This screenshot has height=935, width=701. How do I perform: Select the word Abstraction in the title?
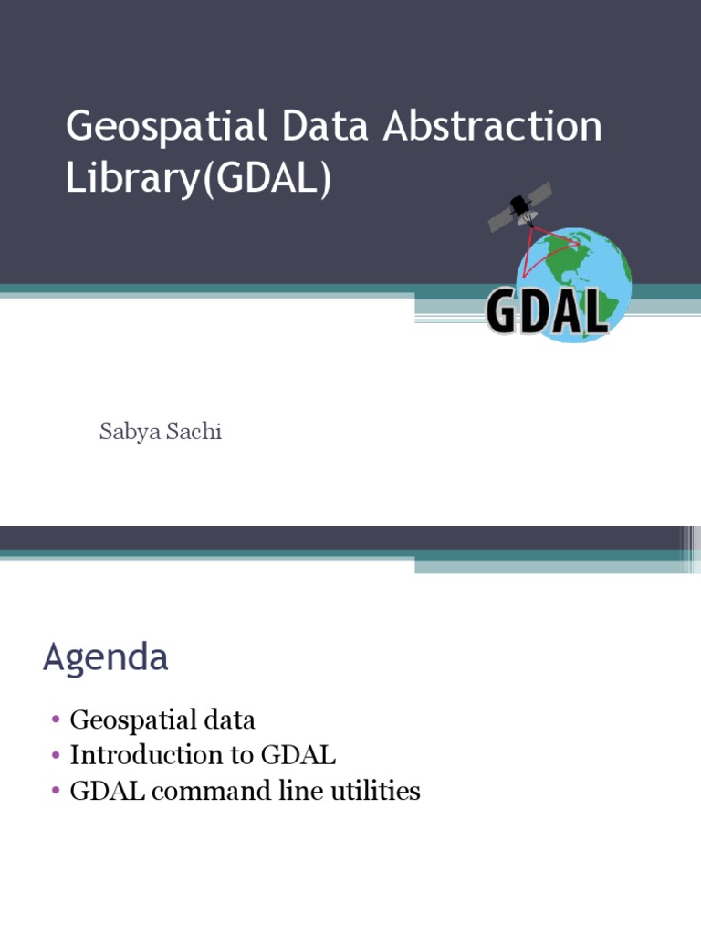[492, 127]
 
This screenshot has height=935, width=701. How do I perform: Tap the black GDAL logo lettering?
[547, 310]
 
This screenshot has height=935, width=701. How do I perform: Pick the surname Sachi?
[192, 432]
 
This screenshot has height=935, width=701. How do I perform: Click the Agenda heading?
[105, 657]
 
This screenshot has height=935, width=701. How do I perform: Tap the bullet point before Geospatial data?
[56, 721]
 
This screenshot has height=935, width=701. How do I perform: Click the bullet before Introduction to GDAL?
[56, 756]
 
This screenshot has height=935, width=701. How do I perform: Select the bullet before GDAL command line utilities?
[56, 792]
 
